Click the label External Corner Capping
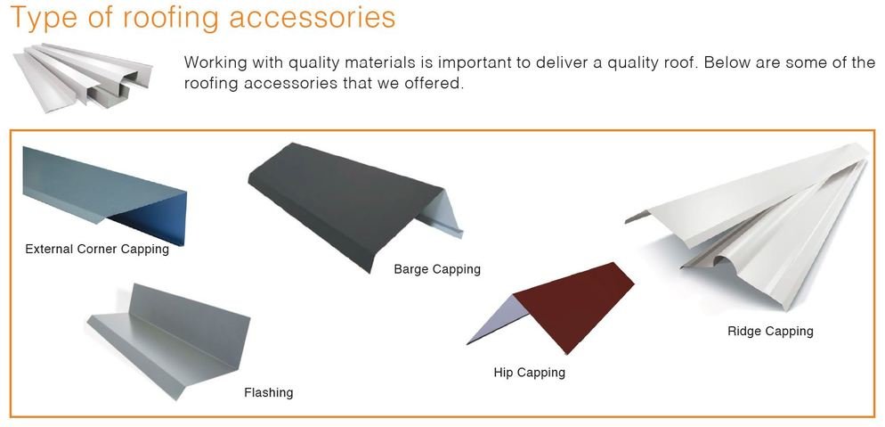click(x=97, y=249)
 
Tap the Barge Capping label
click(x=437, y=268)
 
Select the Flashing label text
click(x=268, y=392)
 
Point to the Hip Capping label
click(x=529, y=372)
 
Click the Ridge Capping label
click(x=770, y=331)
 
